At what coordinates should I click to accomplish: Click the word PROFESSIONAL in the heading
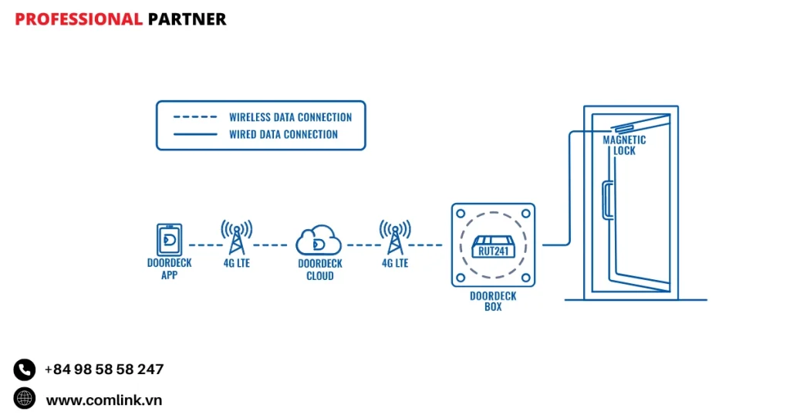(79, 19)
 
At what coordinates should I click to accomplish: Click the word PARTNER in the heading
(187, 19)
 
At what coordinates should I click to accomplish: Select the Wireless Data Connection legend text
(290, 117)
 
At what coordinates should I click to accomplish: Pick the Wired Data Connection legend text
(283, 134)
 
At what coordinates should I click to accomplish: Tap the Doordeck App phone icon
(169, 239)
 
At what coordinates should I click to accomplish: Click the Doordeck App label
(169, 268)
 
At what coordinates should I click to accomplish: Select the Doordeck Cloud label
(319, 269)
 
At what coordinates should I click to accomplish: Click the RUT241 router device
(493, 246)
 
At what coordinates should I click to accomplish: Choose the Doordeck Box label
(493, 301)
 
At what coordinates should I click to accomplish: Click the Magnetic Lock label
(625, 145)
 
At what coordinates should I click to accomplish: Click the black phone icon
(25, 369)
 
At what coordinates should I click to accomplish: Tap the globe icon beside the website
(25, 399)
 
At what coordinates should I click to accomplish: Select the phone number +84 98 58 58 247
(104, 369)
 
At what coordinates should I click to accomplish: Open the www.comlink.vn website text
(104, 400)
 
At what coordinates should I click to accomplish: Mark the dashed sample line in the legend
(194, 117)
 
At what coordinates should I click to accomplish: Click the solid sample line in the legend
(194, 134)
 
